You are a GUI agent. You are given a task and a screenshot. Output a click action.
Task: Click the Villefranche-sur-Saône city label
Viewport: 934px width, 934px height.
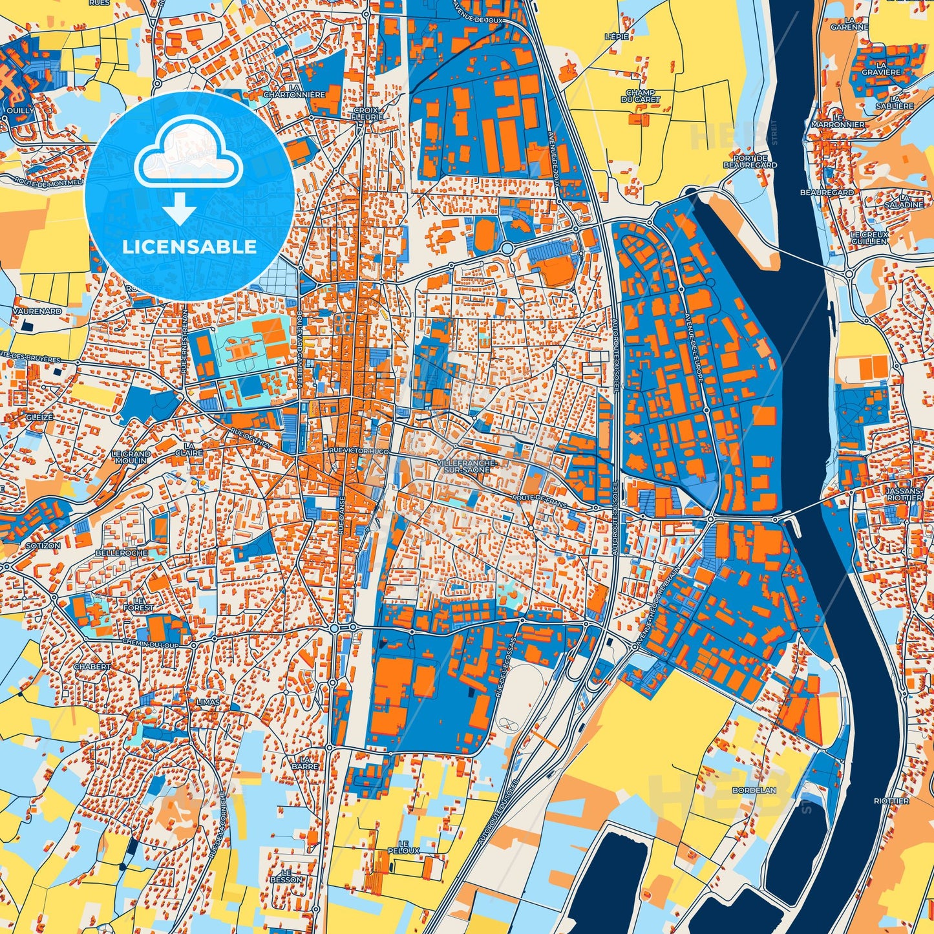point(466,467)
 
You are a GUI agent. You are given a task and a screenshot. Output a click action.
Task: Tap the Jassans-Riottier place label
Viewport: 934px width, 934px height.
point(904,494)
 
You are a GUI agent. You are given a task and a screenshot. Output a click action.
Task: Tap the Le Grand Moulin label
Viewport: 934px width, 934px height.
point(131,457)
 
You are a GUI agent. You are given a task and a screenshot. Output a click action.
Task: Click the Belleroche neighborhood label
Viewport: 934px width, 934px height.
point(121,553)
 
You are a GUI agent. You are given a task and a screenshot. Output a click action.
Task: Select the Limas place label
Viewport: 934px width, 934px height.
point(209,702)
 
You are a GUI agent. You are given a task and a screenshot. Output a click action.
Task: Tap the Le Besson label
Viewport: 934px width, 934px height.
point(286,876)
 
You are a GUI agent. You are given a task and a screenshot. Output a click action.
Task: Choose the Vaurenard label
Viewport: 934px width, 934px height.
point(36,311)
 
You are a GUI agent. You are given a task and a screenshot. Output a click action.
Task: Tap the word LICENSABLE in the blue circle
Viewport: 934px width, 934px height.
point(189,247)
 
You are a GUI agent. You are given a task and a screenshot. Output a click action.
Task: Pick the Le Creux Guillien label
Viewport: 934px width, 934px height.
point(869,238)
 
